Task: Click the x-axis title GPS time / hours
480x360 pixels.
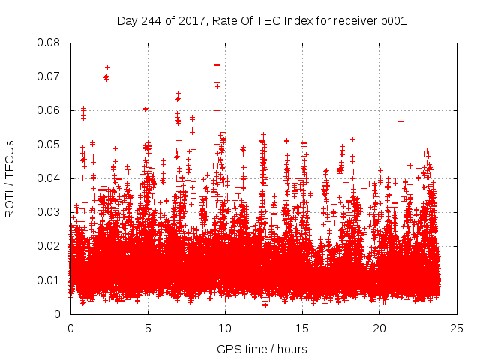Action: pyautogui.click(x=262, y=349)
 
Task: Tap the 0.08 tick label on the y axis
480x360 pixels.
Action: pyautogui.click(x=49, y=43)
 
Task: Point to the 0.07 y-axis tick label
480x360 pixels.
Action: pyautogui.click(x=49, y=76)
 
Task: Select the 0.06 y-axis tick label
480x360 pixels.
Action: pyautogui.click(x=49, y=110)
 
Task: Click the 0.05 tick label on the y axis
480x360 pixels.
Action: pyautogui.click(x=49, y=144)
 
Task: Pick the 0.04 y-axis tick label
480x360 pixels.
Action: pyautogui.click(x=49, y=178)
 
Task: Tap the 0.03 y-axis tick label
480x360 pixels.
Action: pyautogui.click(x=49, y=212)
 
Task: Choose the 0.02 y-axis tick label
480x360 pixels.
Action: pyautogui.click(x=49, y=246)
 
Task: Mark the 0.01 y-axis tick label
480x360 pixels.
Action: pyautogui.click(x=49, y=280)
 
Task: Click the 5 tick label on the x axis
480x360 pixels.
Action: pyautogui.click(x=148, y=328)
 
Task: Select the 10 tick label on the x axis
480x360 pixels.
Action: pyautogui.click(x=225, y=328)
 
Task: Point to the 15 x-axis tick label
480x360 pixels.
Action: pyautogui.click(x=302, y=328)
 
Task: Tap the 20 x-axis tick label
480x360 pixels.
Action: pyautogui.click(x=379, y=328)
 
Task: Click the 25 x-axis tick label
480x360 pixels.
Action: pyautogui.click(x=457, y=328)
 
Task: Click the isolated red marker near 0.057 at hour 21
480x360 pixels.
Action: pyautogui.click(x=400, y=121)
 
